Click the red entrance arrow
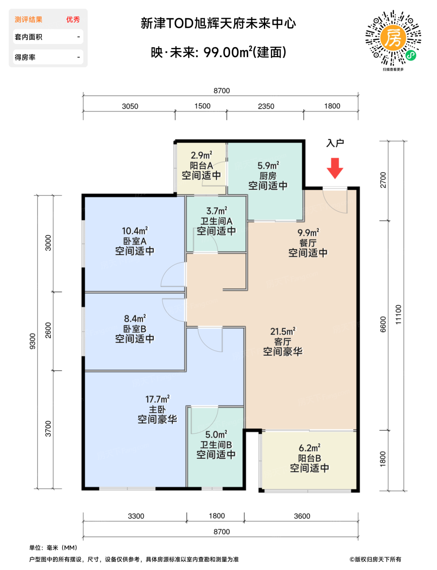[x=334, y=168]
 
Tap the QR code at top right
[x=393, y=37]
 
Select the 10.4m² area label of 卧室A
[x=134, y=231]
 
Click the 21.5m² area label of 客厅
[x=283, y=331]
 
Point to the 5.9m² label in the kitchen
[x=268, y=166]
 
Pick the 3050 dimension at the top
[x=130, y=106]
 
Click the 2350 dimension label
[x=266, y=106]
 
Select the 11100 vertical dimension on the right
[x=398, y=314]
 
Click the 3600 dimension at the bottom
[x=302, y=516]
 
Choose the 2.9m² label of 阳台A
[x=201, y=155]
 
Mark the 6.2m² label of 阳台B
[x=309, y=448]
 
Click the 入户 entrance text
[x=335, y=143]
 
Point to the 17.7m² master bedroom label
[x=157, y=399]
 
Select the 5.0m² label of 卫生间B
[x=216, y=434]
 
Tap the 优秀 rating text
[x=72, y=20]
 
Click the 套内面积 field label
[x=29, y=37]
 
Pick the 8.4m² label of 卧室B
[x=134, y=318]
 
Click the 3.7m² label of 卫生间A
[x=216, y=210]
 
